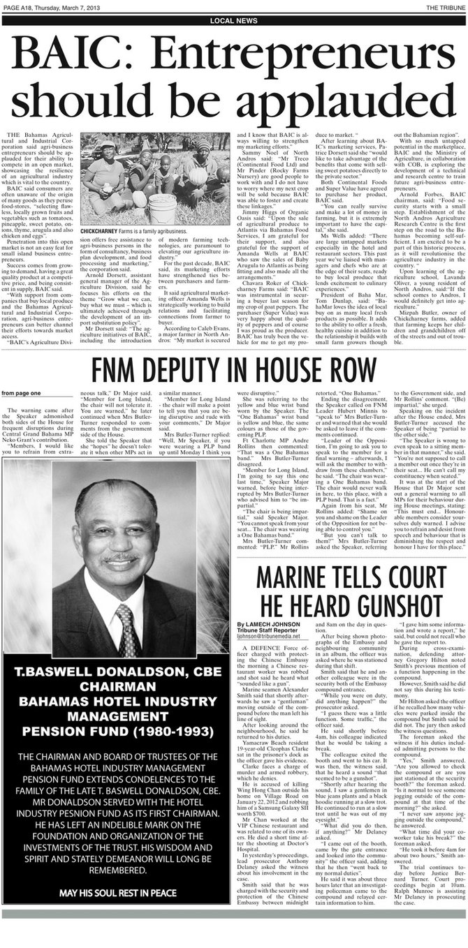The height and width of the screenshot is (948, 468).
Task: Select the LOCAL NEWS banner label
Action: point(233,21)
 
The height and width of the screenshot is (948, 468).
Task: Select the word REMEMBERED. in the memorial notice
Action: point(116,871)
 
